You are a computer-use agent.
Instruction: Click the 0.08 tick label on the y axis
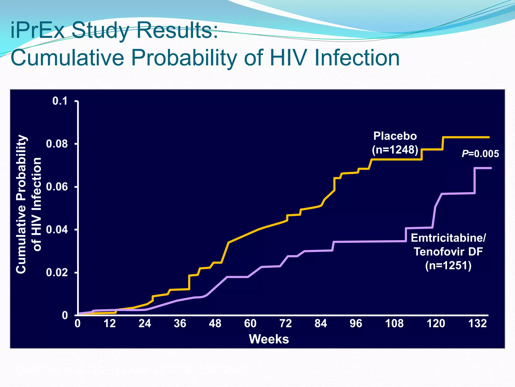(57, 144)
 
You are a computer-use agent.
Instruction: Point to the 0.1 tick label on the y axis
(60, 101)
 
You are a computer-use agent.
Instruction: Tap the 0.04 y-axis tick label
(57, 230)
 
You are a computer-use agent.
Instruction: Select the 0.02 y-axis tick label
(57, 272)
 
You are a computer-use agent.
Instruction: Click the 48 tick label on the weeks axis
(215, 323)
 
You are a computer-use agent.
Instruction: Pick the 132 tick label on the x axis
(478, 323)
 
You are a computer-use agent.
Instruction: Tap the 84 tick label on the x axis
(321, 323)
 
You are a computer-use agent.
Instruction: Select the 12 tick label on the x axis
(110, 323)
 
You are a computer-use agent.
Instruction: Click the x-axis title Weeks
(269, 339)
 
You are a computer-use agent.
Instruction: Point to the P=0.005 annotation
(480, 154)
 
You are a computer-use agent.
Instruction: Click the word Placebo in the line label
(395, 136)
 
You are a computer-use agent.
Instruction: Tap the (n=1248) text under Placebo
(395, 150)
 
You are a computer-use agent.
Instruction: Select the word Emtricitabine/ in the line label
(448, 238)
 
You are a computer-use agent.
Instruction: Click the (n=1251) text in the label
(448, 266)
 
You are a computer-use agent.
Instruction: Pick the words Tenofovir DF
(448, 252)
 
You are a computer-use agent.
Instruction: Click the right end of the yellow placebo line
(489, 137)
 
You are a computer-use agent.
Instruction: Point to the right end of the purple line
(491, 168)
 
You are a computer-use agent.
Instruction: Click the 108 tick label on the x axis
(394, 323)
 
